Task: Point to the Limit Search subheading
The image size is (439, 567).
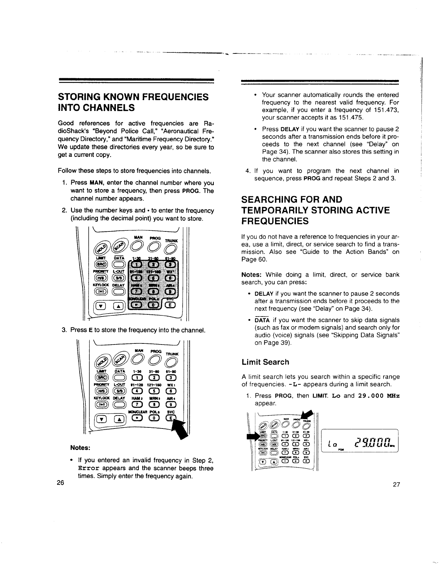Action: pyautogui.click(x=265, y=362)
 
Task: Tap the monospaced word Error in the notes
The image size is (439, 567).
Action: pyautogui.click(x=88, y=469)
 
